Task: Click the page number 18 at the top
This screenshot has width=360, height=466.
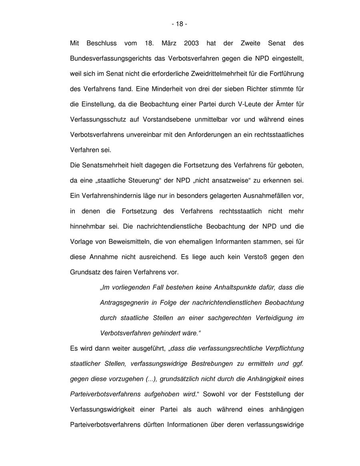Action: [x=180, y=24]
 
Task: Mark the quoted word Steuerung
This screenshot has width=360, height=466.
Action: [x=143, y=180]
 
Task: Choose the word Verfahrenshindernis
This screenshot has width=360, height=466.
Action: [x=110, y=196]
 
